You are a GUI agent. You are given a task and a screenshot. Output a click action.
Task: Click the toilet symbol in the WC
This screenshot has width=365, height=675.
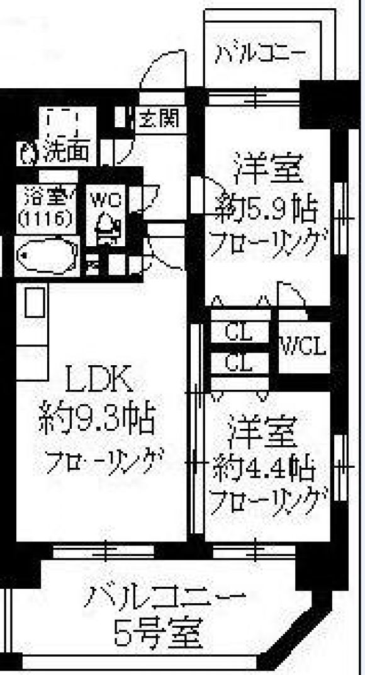[x=106, y=227]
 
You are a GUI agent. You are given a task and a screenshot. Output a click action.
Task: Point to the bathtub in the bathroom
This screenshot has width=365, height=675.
[x=47, y=256]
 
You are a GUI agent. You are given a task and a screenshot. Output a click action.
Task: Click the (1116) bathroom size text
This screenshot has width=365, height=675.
[x=44, y=218]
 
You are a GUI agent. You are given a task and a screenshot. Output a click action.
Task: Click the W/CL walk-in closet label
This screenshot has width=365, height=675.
[x=303, y=345]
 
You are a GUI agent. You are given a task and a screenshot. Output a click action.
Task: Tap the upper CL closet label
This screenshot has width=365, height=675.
[x=239, y=332]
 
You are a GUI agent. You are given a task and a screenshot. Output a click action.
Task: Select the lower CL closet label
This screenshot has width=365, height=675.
[x=239, y=364]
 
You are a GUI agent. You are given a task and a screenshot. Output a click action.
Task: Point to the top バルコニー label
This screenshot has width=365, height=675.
[x=261, y=55]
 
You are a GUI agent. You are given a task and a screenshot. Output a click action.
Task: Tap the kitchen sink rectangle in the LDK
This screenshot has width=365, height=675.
[x=35, y=302]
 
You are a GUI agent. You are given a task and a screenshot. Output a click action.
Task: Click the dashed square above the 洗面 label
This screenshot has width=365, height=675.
[x=63, y=123]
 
